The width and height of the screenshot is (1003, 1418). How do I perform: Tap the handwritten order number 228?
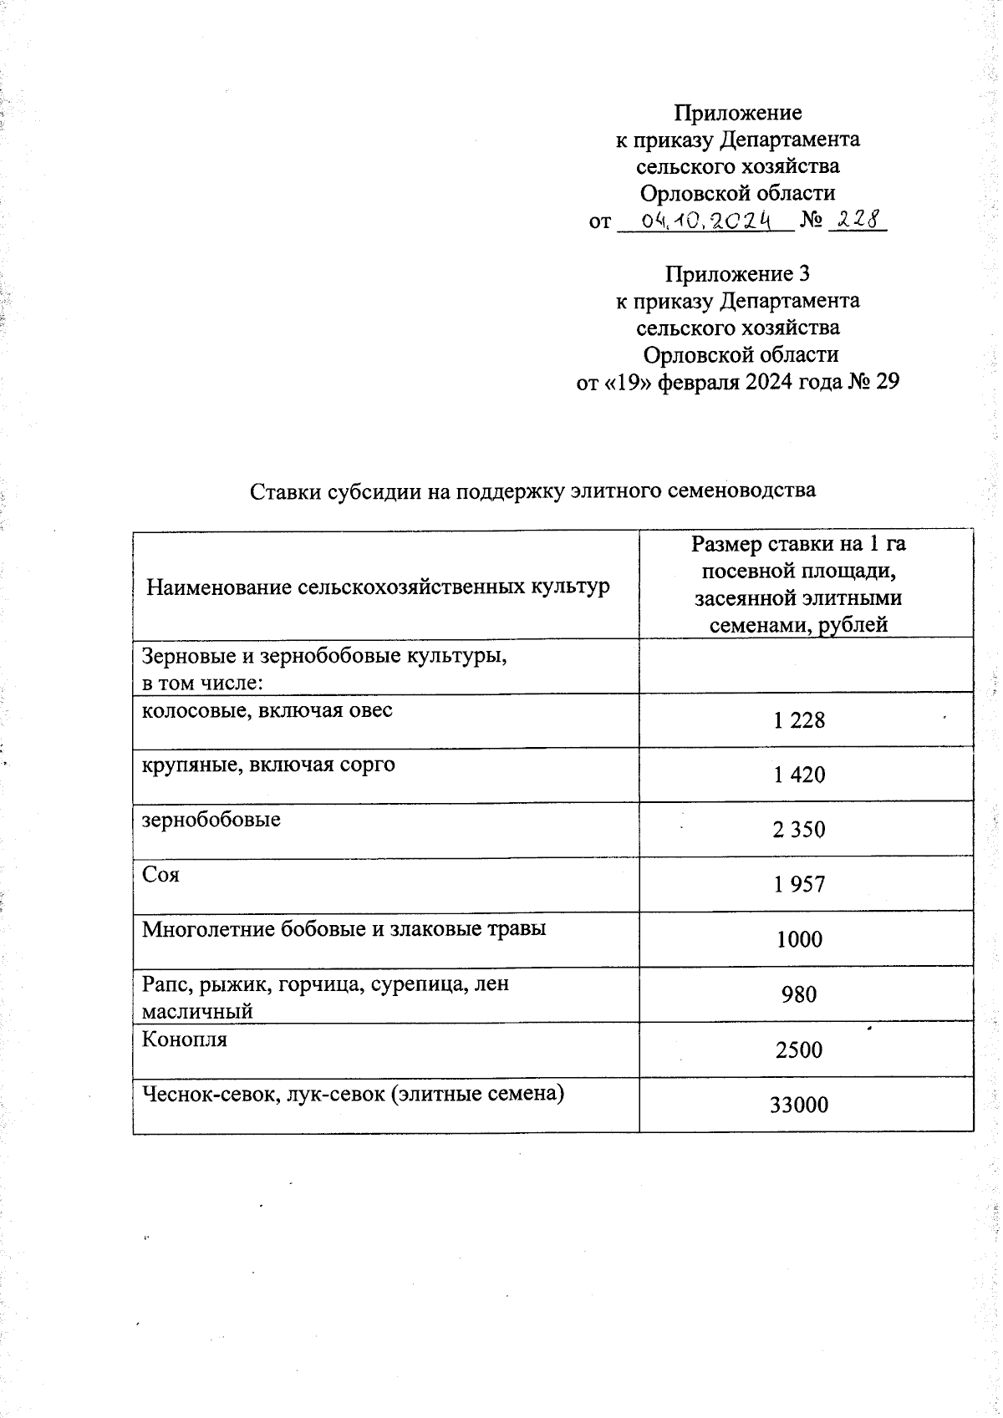coord(858,219)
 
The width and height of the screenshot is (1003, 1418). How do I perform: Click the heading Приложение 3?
coord(737,273)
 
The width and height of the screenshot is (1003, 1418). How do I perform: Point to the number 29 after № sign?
coord(887,382)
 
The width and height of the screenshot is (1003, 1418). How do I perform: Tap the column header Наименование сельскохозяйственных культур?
coord(378,587)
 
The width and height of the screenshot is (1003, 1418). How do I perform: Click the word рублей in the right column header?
coord(853,625)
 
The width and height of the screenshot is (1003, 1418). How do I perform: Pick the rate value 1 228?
coord(799,720)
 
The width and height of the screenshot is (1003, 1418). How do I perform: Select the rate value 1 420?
coord(799,775)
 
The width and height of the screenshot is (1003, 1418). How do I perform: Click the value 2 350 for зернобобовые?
coord(799,830)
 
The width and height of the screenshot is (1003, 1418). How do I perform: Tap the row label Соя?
coord(160,875)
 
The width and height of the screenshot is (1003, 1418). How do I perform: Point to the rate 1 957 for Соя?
coord(799,884)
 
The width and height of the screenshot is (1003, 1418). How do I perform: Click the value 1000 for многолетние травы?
coord(799,939)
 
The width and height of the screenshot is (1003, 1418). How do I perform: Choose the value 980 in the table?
coord(799,994)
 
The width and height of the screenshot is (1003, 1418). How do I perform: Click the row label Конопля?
coord(184,1040)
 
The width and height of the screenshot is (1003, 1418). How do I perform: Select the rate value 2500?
coord(799,1050)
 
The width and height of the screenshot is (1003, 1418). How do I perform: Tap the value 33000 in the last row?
coord(799,1105)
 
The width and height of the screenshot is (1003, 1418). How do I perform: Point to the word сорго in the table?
coord(365,765)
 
